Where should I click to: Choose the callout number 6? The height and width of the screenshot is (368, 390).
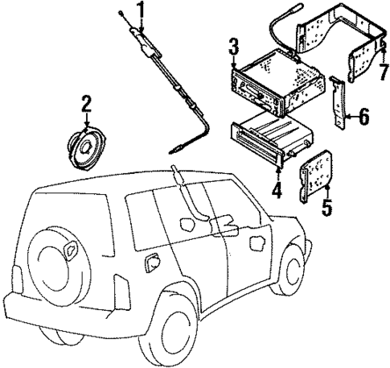[x=363, y=118]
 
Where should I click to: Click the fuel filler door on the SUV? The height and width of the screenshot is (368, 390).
[x=150, y=263]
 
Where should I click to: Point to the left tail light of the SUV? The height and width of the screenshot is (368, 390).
[x=121, y=291]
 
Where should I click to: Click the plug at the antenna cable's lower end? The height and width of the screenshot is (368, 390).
[x=175, y=147]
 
